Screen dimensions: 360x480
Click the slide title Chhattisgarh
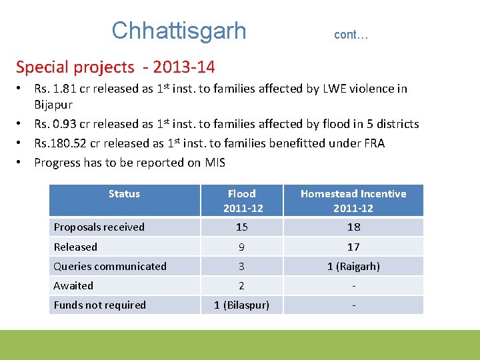179,31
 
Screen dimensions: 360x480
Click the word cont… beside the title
351,35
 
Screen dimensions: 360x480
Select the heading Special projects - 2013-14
115,67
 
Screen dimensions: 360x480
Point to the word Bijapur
53,105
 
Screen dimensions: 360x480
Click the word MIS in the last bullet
214,163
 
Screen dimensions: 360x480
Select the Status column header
124,194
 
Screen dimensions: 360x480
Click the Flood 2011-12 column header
241,201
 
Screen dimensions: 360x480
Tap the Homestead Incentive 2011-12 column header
353,201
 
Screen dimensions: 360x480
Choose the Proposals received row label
99,227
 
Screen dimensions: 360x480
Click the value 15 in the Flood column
241,227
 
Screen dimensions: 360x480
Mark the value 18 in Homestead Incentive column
353,227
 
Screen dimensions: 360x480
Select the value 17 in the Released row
353,247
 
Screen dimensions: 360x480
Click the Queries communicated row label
110,267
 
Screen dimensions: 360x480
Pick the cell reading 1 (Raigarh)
353,267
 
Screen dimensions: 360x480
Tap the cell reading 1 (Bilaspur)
241,305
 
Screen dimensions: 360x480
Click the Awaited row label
73,286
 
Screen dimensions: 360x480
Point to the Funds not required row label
99,305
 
